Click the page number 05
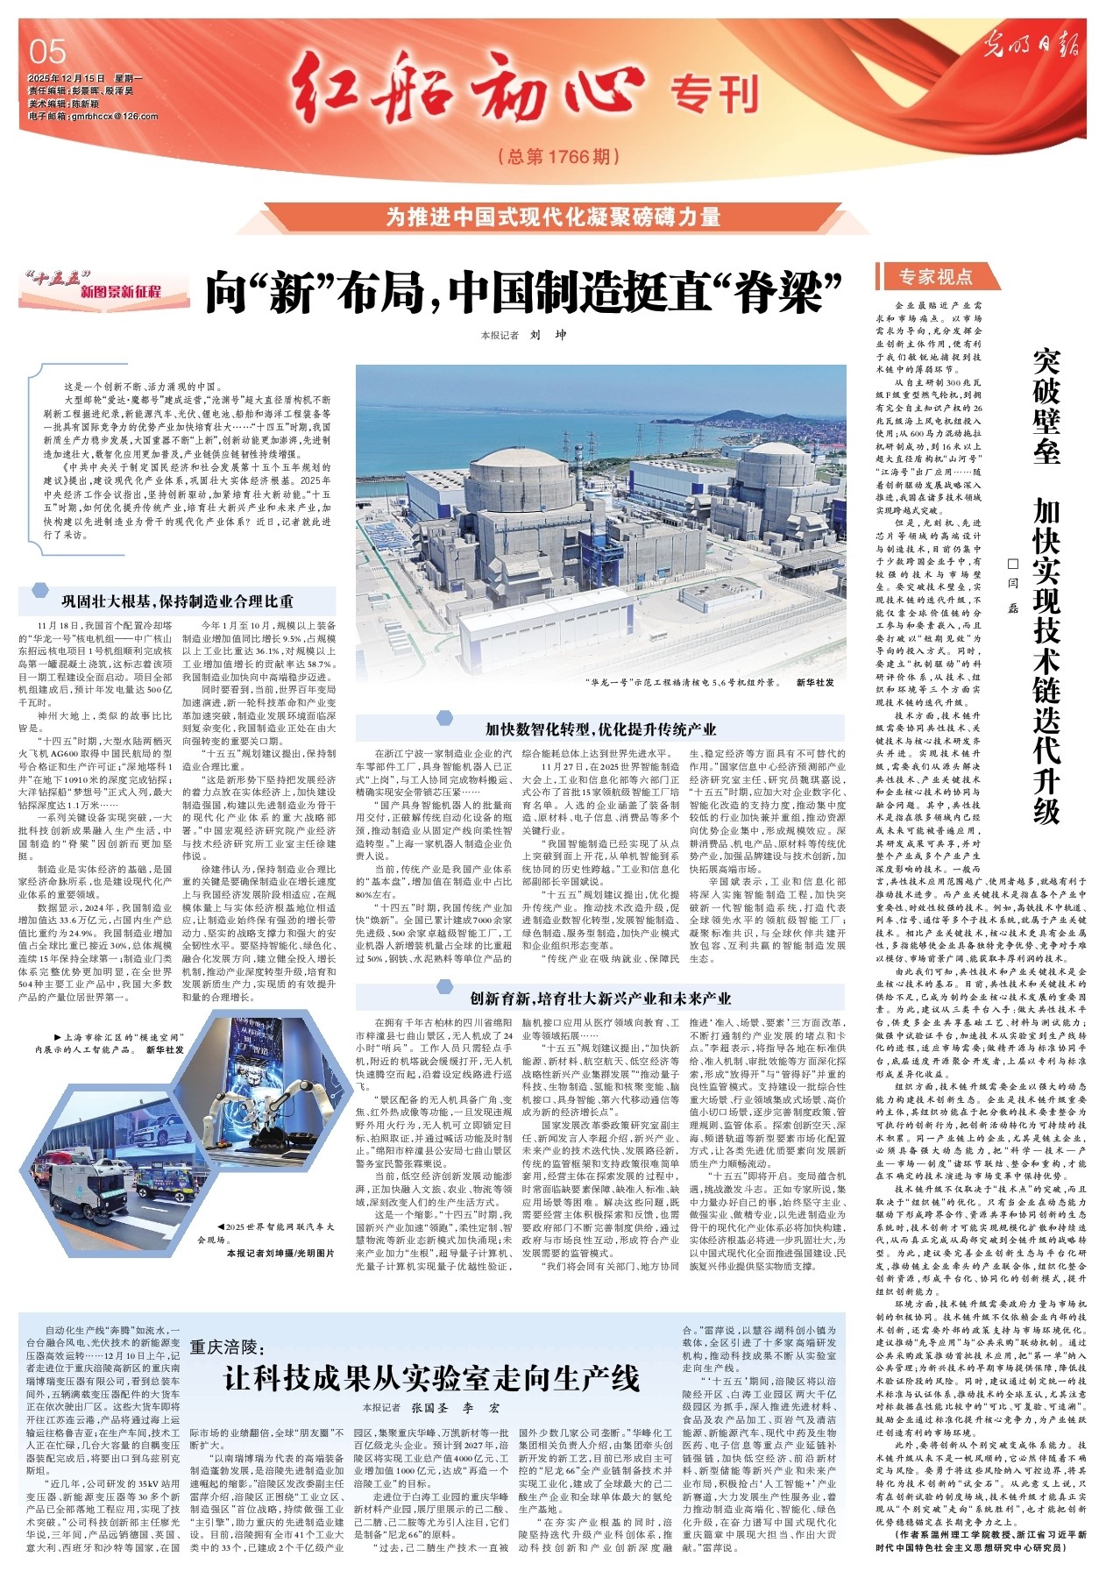pos(47,52)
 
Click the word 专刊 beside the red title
pos(713,95)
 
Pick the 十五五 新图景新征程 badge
pos(103,285)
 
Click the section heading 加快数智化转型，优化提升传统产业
pos(600,729)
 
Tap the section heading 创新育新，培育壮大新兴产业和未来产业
pos(600,998)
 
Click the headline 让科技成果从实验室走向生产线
pos(431,1378)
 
